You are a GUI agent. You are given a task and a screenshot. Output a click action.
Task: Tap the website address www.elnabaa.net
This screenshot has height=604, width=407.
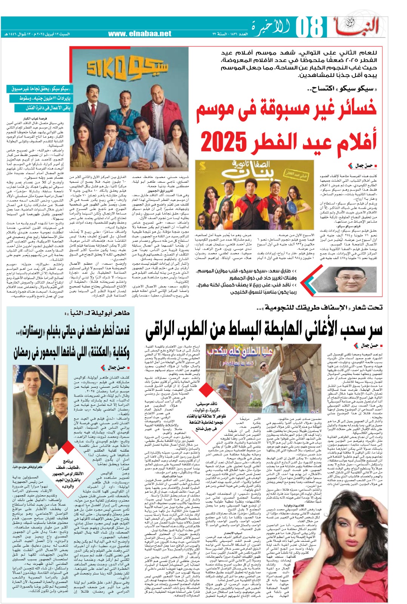[x=140, y=34]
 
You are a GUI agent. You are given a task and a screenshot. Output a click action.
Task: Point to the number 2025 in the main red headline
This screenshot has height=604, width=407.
[x=221, y=142]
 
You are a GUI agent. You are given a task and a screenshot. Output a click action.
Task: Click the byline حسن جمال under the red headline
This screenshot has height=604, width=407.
[x=363, y=166]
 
